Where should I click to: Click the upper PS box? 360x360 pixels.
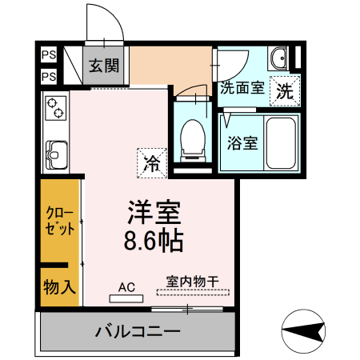[49, 57]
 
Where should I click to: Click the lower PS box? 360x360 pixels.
[49, 77]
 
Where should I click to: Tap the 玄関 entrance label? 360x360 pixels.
[103, 66]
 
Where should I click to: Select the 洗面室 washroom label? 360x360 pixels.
[242, 89]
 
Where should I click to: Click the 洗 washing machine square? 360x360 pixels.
[284, 90]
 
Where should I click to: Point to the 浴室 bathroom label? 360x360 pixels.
[242, 144]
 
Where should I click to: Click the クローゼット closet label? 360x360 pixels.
[61, 220]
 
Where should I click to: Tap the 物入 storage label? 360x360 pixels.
[60, 287]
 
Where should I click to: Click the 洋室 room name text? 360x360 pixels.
[155, 211]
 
